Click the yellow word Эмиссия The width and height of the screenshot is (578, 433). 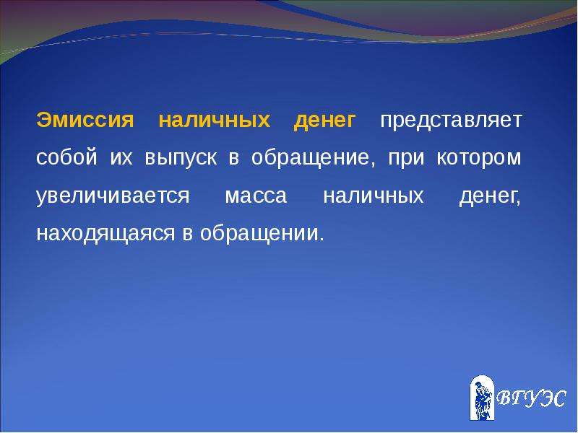(x=85, y=120)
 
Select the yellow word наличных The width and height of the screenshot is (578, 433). (x=215, y=121)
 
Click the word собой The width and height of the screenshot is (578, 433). (x=66, y=157)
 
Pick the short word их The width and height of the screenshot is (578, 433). (x=121, y=158)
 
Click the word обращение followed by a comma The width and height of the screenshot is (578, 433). (x=314, y=158)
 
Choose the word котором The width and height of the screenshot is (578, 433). (x=479, y=158)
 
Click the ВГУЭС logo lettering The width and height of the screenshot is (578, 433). (x=531, y=399)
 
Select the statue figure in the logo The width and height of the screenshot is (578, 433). (x=482, y=400)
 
